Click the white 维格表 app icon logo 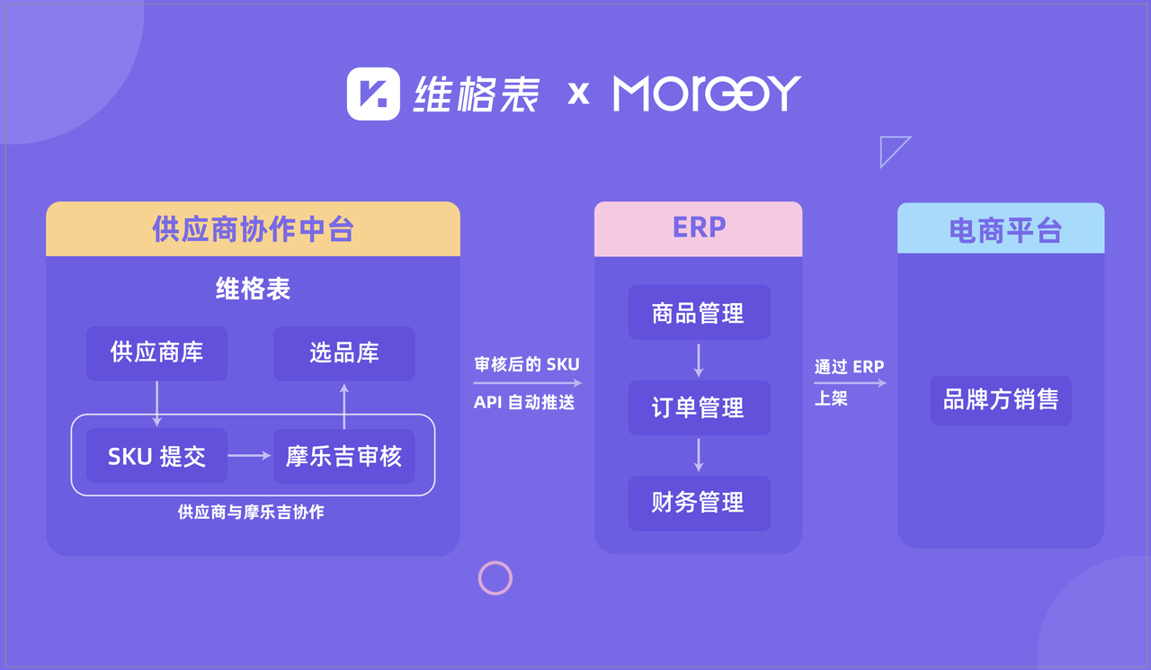(x=373, y=94)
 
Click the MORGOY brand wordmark (x=707, y=93)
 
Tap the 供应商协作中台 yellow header (x=253, y=228)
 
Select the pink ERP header (x=699, y=228)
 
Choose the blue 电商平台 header (x=1001, y=228)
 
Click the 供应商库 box (x=156, y=353)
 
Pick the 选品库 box (x=344, y=353)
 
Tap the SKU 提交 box (x=156, y=456)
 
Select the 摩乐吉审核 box (x=344, y=456)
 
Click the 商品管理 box (x=699, y=312)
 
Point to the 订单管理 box (x=699, y=407)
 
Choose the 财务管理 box (x=699, y=503)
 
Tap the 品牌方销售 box (x=1001, y=400)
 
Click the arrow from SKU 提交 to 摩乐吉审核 (x=249, y=456)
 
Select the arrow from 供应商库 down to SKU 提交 (x=156, y=404)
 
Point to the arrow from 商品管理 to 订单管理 (x=699, y=361)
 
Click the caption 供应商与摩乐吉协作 (x=251, y=512)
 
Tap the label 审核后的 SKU (x=527, y=364)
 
